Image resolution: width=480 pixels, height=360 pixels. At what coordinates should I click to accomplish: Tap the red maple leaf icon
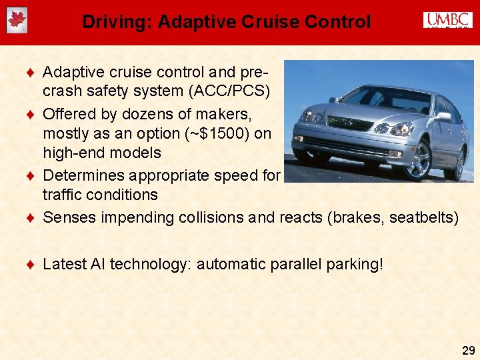click(x=17, y=21)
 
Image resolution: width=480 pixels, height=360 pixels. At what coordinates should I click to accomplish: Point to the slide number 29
click(x=468, y=349)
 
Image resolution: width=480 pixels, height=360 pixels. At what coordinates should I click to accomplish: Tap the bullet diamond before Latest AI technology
click(x=32, y=264)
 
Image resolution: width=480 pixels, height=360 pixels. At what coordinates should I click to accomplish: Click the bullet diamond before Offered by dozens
click(x=32, y=114)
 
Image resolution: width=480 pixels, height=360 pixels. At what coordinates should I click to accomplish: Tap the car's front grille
click(x=349, y=124)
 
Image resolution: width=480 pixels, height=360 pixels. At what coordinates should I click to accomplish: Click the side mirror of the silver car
click(x=442, y=116)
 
